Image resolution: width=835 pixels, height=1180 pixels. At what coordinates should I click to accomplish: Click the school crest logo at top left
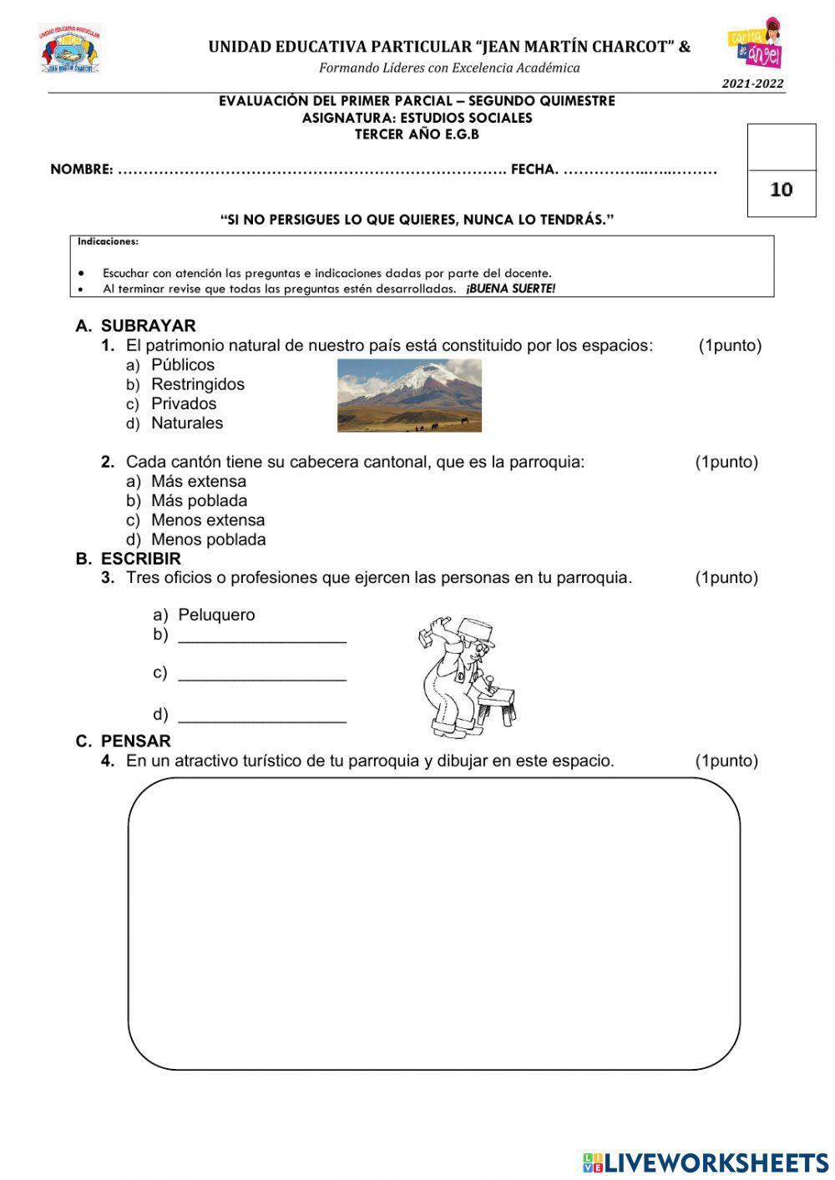pyautogui.click(x=69, y=48)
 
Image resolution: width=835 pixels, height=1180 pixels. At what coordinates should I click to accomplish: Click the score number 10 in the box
pyautogui.click(x=781, y=190)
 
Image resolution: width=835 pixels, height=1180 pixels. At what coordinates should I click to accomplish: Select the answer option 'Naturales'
pyautogui.click(x=186, y=423)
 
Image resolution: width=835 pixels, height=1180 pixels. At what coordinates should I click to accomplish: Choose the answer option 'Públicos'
pyautogui.click(x=182, y=365)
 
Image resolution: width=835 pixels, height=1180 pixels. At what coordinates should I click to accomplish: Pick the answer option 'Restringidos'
pyautogui.click(x=197, y=384)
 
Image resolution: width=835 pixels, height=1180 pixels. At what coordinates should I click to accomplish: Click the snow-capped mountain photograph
pyautogui.click(x=409, y=395)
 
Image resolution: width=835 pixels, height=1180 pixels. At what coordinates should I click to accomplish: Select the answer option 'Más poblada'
pyautogui.click(x=199, y=501)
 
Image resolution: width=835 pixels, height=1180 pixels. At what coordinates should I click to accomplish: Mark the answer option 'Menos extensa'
pyautogui.click(x=207, y=520)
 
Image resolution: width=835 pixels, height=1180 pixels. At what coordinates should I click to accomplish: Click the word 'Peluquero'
pyautogui.click(x=216, y=615)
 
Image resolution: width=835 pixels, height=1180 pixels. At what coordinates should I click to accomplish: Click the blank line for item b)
pyautogui.click(x=262, y=637)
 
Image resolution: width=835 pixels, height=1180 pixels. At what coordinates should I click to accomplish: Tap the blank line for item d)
pyautogui.click(x=262, y=717)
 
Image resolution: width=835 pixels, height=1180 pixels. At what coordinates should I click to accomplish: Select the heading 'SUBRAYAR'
pyautogui.click(x=148, y=326)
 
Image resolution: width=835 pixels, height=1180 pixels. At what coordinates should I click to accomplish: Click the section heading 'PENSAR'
pyautogui.click(x=135, y=742)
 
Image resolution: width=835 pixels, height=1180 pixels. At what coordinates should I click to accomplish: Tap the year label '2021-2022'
pyautogui.click(x=752, y=84)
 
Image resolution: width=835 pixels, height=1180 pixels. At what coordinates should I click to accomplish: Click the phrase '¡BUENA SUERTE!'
pyautogui.click(x=510, y=289)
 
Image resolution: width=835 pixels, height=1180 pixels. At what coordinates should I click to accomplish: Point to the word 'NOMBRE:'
pyautogui.click(x=81, y=170)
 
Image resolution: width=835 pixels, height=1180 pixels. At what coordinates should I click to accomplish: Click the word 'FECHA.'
pyautogui.click(x=534, y=170)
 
